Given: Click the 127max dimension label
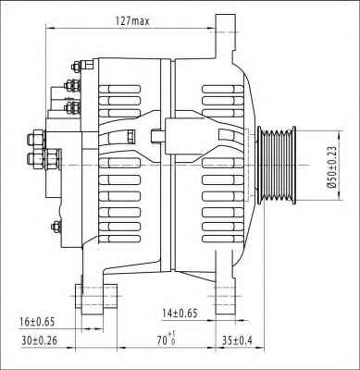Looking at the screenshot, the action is (132, 21).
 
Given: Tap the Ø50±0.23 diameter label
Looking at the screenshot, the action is (332, 166).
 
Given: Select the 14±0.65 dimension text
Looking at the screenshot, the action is (180, 314).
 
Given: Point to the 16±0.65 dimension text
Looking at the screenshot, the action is (37, 322).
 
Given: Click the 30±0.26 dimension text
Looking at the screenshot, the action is (40, 340).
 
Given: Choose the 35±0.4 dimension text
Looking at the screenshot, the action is (237, 340).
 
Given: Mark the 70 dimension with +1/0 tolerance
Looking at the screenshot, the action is (167, 339).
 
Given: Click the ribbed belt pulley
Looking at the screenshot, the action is (277, 166).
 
